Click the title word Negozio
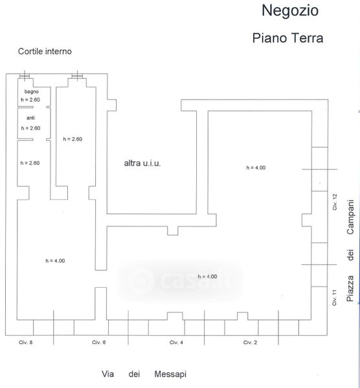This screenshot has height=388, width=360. pos(290,10)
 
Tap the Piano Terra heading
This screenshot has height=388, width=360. pos(287,38)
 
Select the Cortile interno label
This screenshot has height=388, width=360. pos(45,52)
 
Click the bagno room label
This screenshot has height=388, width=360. pos(32,92)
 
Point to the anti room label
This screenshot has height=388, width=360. pos(30,118)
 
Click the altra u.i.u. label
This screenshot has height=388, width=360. pos(142,164)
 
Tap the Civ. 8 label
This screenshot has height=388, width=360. pos(26,342)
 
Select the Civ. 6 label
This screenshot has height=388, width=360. pos(99,342)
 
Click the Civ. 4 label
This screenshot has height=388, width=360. pos(176,343)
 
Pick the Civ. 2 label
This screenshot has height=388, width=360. pos(250,343)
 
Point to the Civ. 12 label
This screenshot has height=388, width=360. pos(335,202)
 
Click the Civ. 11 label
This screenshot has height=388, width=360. pos(335,297)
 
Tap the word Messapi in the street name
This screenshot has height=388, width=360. pos(170,374)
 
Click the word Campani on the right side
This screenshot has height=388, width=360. pos(350,217)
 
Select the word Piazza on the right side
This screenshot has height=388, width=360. pos(350,288)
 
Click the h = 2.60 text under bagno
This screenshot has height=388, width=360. pos(30,100)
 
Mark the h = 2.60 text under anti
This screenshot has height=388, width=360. pos(30,128)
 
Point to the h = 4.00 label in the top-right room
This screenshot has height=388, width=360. pos(256,167)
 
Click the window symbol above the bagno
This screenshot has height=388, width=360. pos(25,76)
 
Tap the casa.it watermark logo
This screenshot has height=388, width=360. pos(179,281)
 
